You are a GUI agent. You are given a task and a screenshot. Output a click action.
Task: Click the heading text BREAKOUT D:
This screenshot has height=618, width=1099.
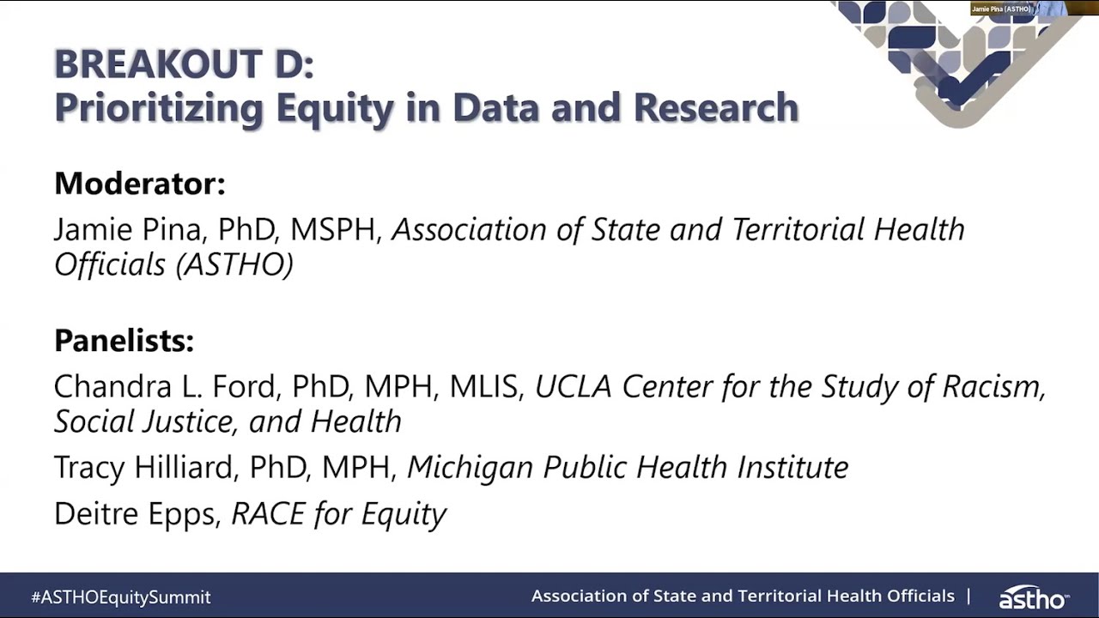(x=184, y=64)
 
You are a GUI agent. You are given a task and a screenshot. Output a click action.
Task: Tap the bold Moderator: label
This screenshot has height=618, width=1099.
(x=139, y=183)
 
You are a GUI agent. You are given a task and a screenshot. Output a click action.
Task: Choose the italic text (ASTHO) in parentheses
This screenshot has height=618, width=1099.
(x=234, y=264)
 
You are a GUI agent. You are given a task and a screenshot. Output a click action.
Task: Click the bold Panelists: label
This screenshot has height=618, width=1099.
(x=124, y=341)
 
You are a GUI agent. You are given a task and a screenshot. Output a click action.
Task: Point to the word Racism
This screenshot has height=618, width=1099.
(x=994, y=386)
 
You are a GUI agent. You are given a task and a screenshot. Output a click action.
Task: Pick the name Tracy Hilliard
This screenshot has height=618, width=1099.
(x=143, y=467)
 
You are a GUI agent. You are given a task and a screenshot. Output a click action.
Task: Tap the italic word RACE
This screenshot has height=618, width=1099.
(x=268, y=513)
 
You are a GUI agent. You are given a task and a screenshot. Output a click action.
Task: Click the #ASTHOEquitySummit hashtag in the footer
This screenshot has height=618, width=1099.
(x=121, y=597)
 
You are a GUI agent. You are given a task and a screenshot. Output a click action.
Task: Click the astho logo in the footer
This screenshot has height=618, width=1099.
(x=1033, y=597)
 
